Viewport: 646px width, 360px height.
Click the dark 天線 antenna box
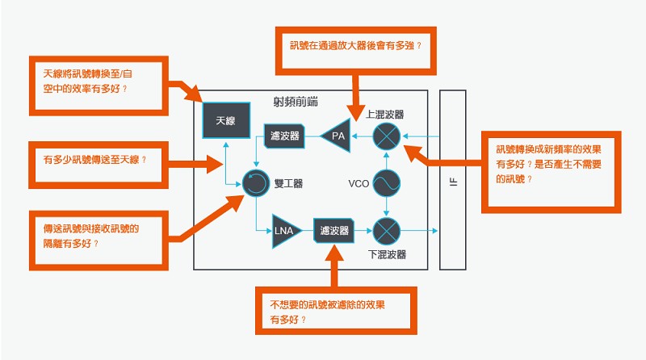click(x=226, y=120)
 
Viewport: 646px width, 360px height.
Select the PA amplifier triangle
click(x=337, y=136)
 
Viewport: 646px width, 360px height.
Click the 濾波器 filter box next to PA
click(x=284, y=136)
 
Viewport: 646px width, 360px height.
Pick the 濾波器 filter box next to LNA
click(x=333, y=230)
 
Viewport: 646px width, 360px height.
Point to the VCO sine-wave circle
click(x=387, y=183)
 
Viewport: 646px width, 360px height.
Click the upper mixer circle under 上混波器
click(x=387, y=136)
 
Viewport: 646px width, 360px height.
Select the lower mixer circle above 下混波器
click(x=387, y=231)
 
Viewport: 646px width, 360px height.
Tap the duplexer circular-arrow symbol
click(x=256, y=183)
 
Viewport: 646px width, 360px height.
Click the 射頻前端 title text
click(x=296, y=102)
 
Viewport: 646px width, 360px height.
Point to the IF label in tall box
click(x=453, y=182)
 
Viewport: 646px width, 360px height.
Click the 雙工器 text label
click(x=289, y=184)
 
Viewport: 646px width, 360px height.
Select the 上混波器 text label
click(x=385, y=114)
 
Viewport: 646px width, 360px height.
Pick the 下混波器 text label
click(x=387, y=254)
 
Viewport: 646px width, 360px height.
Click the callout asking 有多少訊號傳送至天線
click(x=99, y=165)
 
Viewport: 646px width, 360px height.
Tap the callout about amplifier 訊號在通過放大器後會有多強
click(x=356, y=51)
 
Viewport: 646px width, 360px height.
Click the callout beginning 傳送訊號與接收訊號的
click(x=99, y=241)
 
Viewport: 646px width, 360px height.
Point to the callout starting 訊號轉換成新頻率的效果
click(x=552, y=172)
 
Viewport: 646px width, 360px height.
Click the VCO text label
click(x=359, y=184)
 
